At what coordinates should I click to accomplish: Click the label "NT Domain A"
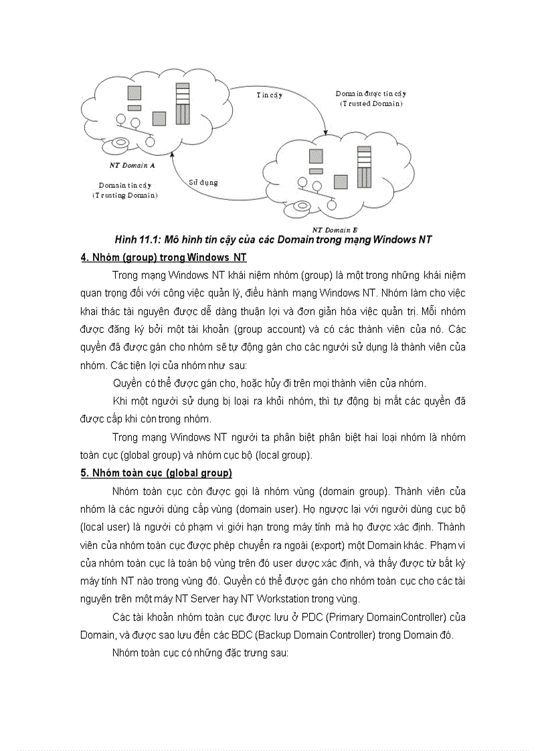click(132, 165)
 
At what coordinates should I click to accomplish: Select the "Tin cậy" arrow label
click(269, 95)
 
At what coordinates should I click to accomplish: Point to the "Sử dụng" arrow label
click(203, 182)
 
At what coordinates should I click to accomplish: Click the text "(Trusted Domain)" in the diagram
click(371, 104)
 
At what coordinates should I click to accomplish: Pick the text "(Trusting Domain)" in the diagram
click(125, 195)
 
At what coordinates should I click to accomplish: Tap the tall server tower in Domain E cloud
click(363, 167)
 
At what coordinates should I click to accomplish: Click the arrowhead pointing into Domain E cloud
click(325, 130)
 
